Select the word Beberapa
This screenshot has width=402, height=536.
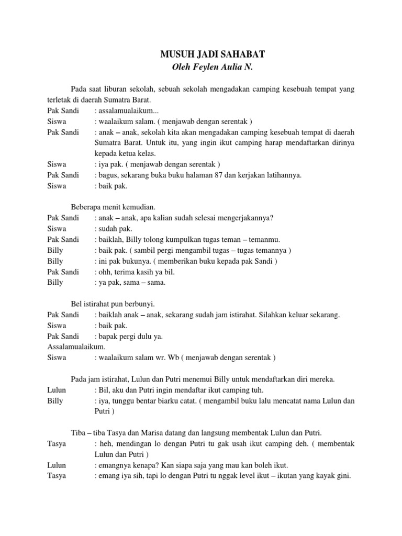(85, 207)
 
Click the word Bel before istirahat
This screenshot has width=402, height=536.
(76, 304)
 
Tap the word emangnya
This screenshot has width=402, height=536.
(115, 465)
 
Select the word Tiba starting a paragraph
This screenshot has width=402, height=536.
(79, 433)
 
